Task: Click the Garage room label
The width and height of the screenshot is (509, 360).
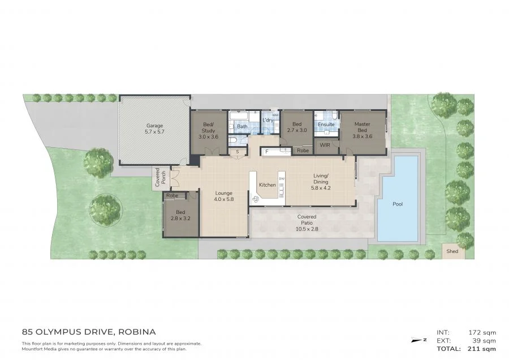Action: point(154,126)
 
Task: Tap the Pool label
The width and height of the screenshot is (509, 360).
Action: point(398,204)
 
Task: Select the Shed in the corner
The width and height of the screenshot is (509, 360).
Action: point(452,251)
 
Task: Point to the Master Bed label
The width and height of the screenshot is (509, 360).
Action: point(362,127)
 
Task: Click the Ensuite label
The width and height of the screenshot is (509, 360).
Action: point(326,125)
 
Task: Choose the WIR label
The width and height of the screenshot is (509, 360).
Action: point(325,145)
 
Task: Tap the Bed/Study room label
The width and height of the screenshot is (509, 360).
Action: point(208,127)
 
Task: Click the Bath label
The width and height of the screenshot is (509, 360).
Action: point(242,126)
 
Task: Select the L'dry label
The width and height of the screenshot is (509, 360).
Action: point(268,121)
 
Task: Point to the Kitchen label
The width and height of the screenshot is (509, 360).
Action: point(267,185)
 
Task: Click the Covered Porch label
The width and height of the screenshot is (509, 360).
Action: point(161,178)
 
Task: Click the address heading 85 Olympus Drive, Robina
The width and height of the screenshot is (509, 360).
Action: point(88,332)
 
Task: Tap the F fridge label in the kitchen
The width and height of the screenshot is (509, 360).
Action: point(266,151)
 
